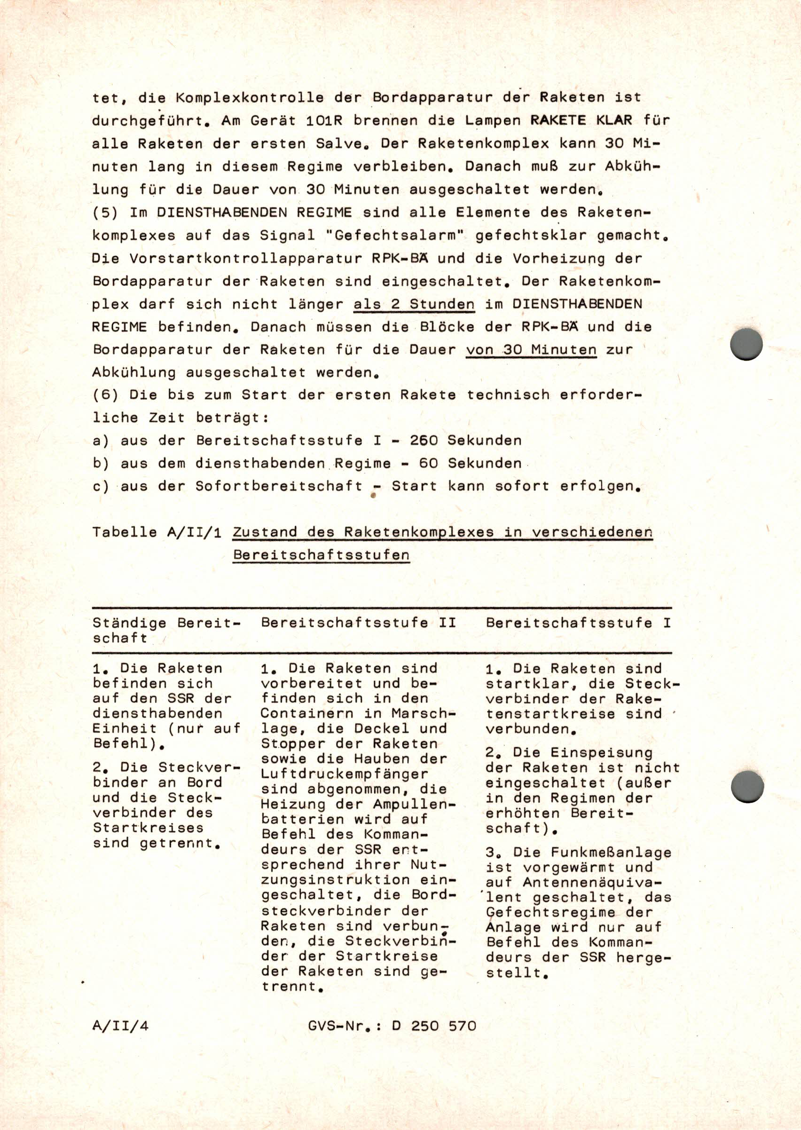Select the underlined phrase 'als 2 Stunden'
[x=414, y=304]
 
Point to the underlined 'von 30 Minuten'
[x=531, y=350]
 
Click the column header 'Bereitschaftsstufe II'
[x=359, y=622]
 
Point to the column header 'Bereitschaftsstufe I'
[x=578, y=622]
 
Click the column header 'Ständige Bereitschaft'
[x=166, y=630]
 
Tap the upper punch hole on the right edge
[x=746, y=344]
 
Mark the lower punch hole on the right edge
[x=747, y=787]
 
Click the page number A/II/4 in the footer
[x=120, y=1027]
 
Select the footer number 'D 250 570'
[x=434, y=1027]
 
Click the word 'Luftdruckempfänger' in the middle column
[x=344, y=774]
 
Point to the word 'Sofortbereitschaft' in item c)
[x=279, y=486]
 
